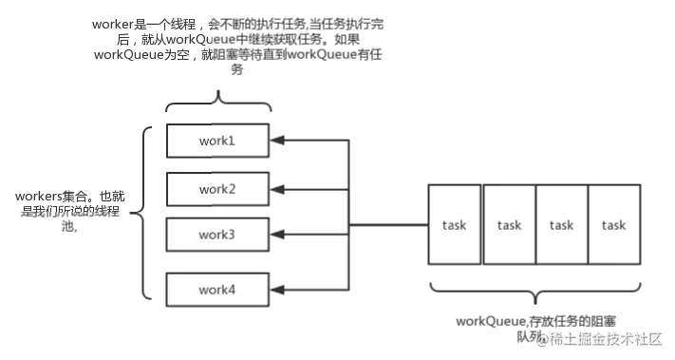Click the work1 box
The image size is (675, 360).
point(217,141)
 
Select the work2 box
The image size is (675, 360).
point(217,189)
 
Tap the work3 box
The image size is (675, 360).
point(217,235)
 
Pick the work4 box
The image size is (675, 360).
point(217,290)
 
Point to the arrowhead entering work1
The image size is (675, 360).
point(277,141)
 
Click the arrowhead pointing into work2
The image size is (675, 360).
point(277,189)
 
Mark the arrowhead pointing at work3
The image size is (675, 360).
point(277,235)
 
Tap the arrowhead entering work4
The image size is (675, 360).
point(277,290)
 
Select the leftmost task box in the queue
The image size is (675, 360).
point(455,224)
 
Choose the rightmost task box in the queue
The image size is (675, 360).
point(614,224)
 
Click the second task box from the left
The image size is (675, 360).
point(510,224)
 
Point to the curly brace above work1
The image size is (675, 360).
point(218,103)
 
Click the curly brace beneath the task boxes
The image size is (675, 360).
point(535,292)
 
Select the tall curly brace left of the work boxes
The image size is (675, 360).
point(143,213)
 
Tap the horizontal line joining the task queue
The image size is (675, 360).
point(388,225)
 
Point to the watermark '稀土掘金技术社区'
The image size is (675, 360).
point(606,339)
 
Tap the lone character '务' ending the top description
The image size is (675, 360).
point(237,69)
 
